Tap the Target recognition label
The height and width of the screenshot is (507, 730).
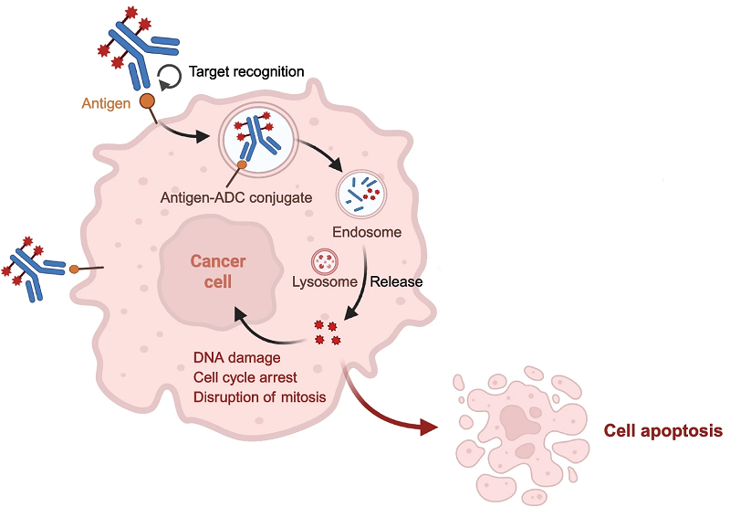click(x=246, y=71)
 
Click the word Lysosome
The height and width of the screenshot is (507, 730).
click(x=325, y=281)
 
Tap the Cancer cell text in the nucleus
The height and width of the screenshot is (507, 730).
click(x=217, y=272)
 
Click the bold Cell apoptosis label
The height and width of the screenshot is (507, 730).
click(x=663, y=429)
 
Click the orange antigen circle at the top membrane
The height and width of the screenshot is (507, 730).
click(x=147, y=100)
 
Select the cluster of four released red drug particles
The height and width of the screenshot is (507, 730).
click(x=327, y=333)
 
